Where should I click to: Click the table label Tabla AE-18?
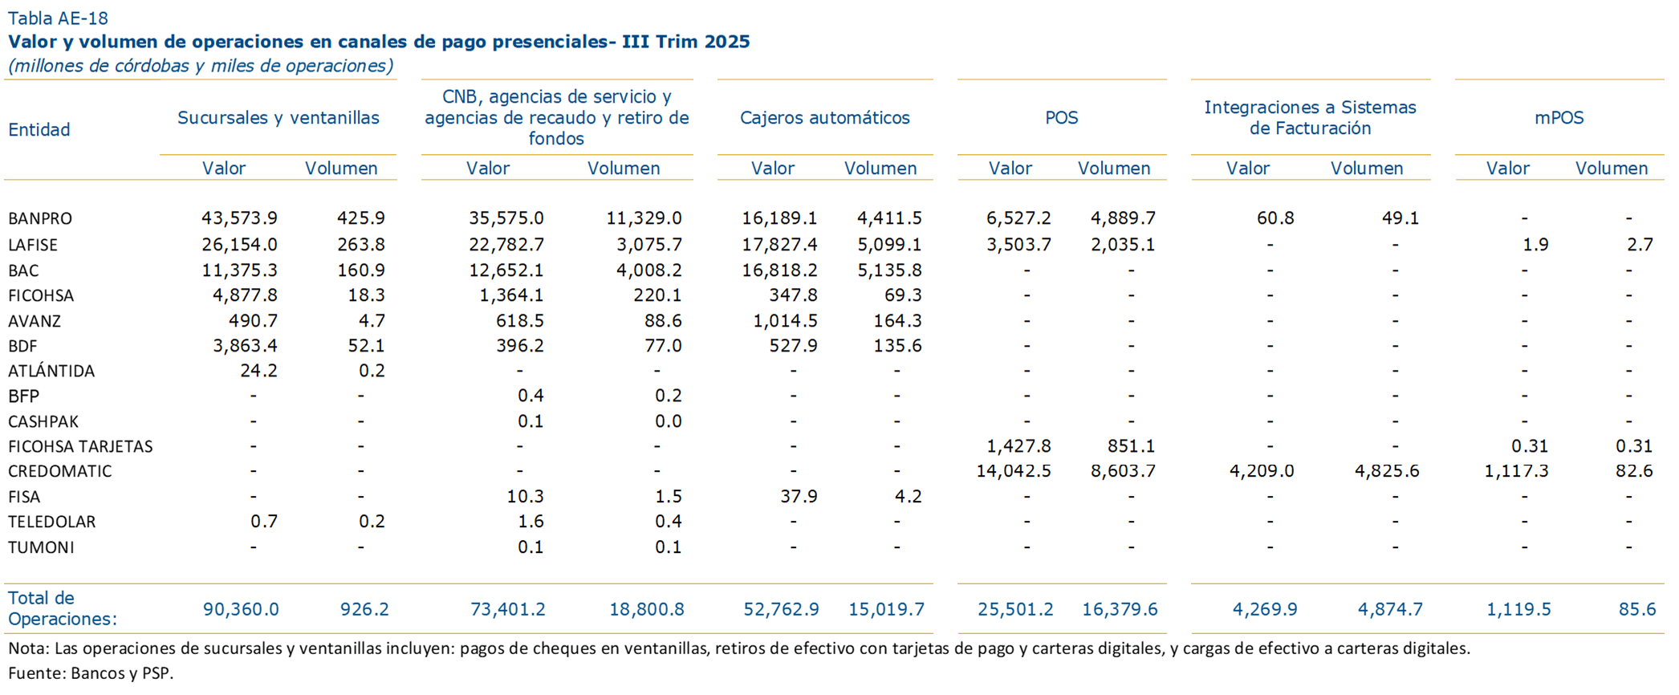58,18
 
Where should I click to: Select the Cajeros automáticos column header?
824,118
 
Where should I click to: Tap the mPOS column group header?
1559,118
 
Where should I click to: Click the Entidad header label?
39,129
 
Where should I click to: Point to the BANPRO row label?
40,218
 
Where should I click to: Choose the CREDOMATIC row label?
60,471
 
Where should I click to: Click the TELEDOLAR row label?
52,522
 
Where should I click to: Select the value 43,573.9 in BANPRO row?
239,218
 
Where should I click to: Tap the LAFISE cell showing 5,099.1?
889,245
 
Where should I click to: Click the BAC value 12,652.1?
506,270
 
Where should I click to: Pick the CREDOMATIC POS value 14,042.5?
1013,471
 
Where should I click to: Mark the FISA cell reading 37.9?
799,497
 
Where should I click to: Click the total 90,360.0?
241,609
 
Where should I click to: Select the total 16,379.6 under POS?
1120,609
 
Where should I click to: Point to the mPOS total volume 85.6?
1637,609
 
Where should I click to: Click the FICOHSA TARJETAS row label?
80,446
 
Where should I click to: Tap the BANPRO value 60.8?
1274,218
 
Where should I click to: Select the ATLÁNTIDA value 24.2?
258,371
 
